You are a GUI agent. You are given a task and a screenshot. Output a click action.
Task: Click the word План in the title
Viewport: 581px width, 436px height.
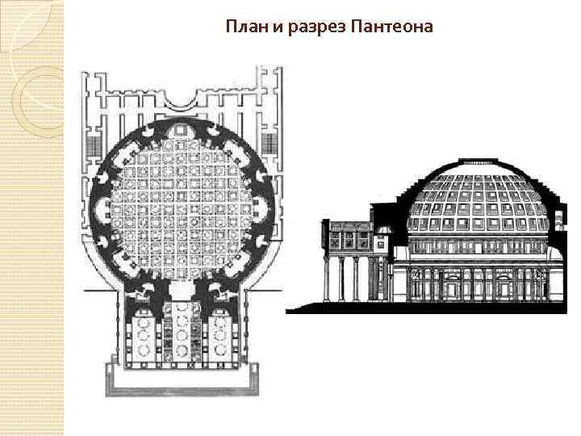pyautogui.click(x=244, y=27)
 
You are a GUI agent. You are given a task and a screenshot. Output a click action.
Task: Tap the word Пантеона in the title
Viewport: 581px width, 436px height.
pyautogui.click(x=393, y=27)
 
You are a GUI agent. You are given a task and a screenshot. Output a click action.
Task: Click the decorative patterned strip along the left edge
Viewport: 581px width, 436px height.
pyautogui.click(x=31, y=218)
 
